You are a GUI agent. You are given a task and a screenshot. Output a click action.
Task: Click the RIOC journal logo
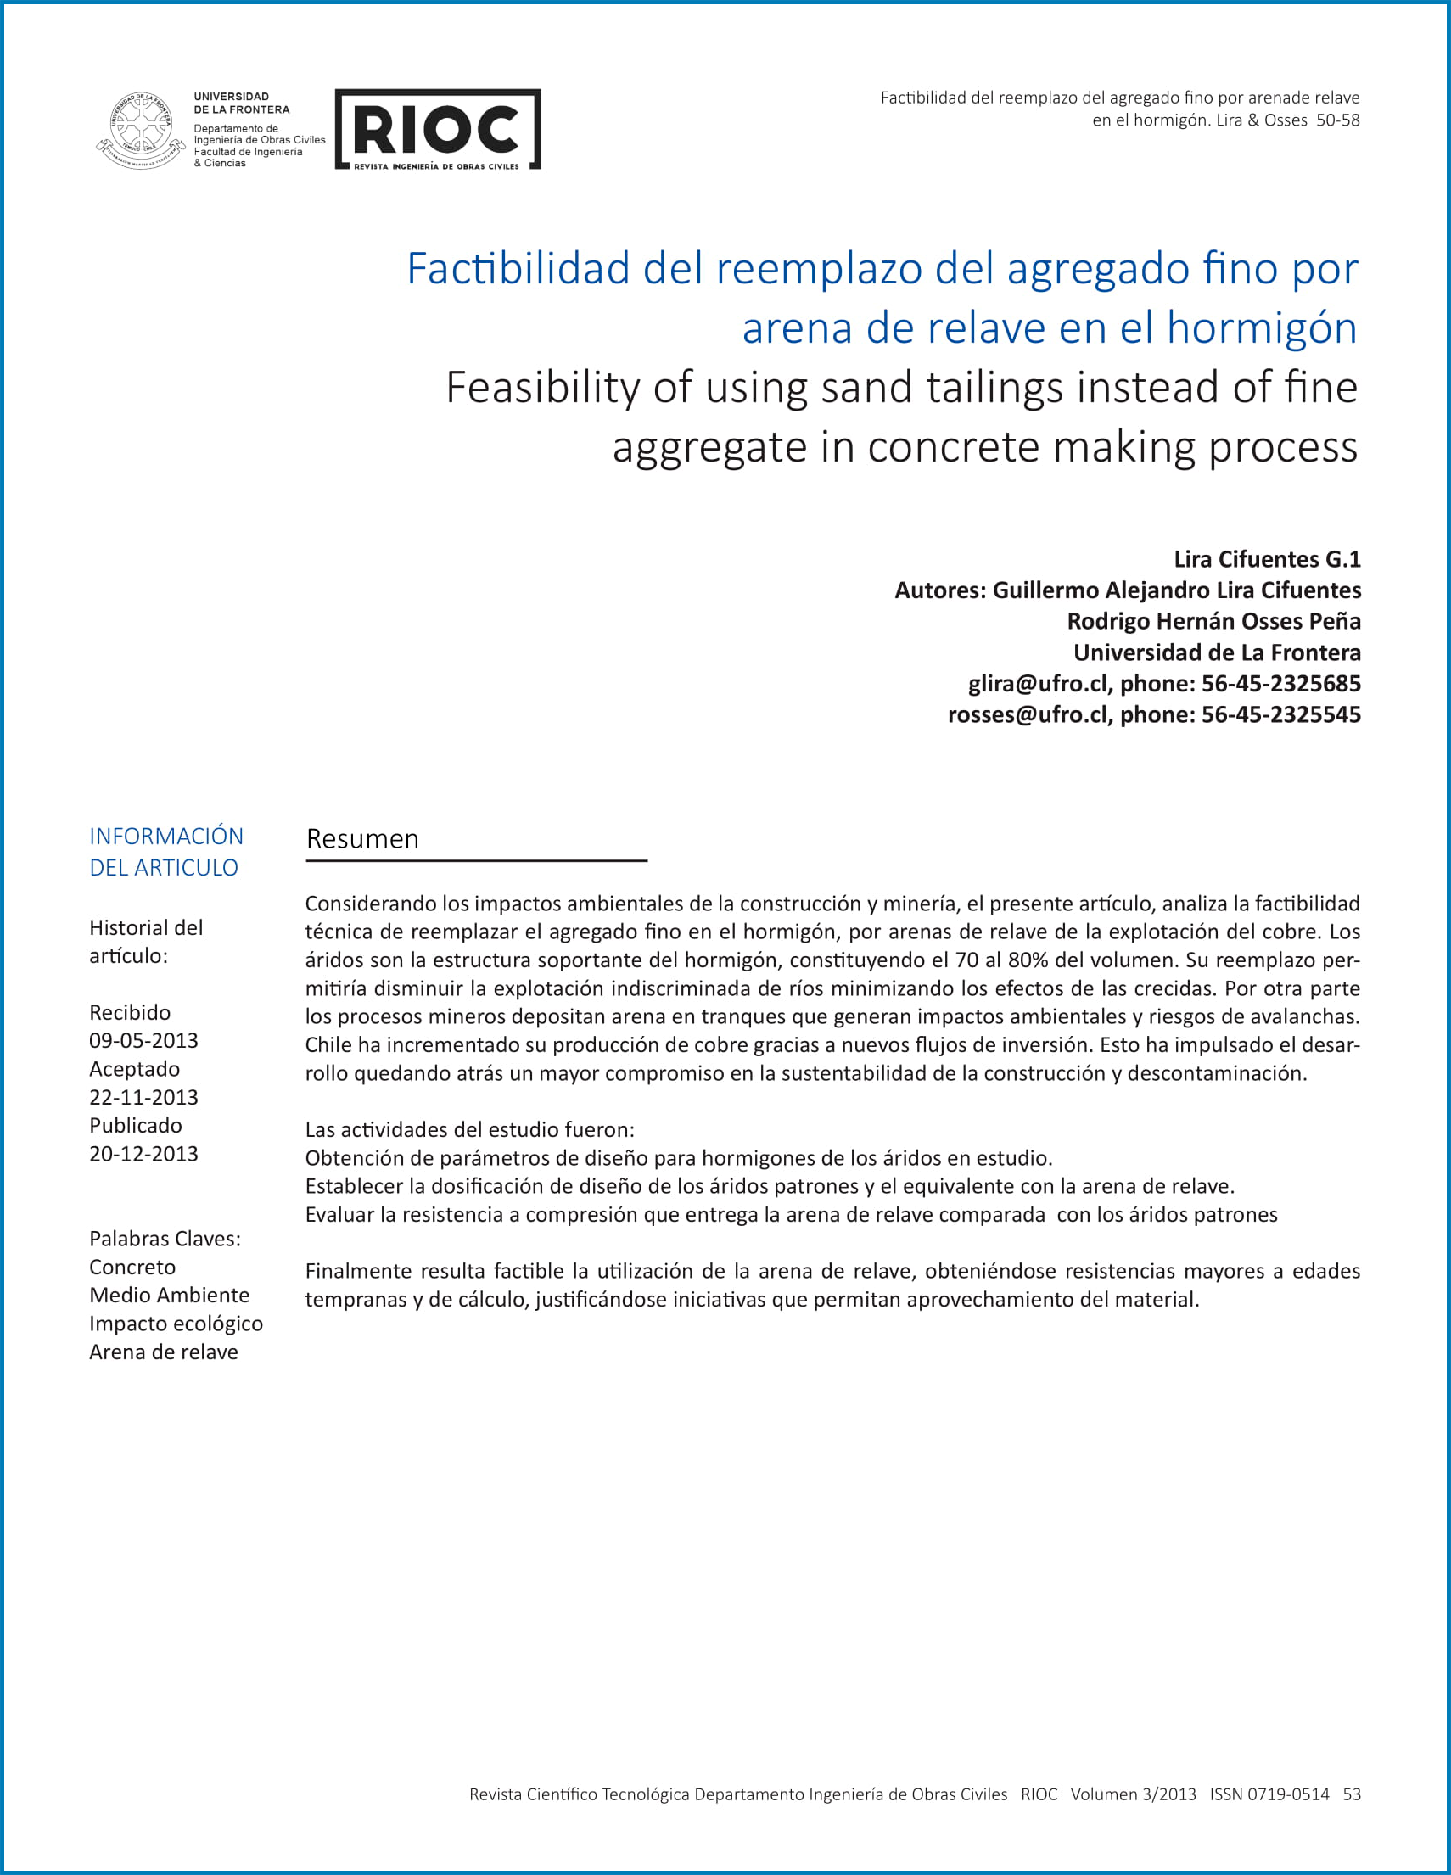click(x=437, y=130)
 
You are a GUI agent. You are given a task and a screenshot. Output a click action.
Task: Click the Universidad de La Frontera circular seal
click(x=141, y=131)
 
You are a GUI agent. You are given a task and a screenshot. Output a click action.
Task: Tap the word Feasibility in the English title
click(x=542, y=387)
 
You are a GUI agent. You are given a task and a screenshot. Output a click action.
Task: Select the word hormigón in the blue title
click(x=1261, y=328)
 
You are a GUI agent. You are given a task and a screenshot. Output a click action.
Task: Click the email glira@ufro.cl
click(x=1037, y=683)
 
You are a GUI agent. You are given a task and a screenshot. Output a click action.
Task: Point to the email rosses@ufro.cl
click(x=1027, y=714)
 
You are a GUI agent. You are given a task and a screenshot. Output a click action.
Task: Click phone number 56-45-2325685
click(x=1280, y=683)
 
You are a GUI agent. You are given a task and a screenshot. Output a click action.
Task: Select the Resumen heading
click(x=362, y=839)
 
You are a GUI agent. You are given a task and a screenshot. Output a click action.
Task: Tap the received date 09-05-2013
click(x=143, y=1040)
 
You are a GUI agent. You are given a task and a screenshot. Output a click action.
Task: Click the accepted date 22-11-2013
click(x=143, y=1097)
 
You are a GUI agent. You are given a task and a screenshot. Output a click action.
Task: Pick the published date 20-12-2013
click(x=143, y=1154)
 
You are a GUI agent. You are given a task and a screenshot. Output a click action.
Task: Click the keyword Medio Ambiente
click(x=169, y=1295)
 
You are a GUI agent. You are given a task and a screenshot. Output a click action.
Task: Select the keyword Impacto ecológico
click(x=176, y=1323)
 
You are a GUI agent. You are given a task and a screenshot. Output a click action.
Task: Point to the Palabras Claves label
click(x=165, y=1238)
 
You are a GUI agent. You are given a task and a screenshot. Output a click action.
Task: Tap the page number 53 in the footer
click(x=1352, y=1794)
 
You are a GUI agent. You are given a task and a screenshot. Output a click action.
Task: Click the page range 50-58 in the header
click(x=1337, y=120)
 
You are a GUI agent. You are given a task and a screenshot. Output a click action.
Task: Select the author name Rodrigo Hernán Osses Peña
click(x=1213, y=621)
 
